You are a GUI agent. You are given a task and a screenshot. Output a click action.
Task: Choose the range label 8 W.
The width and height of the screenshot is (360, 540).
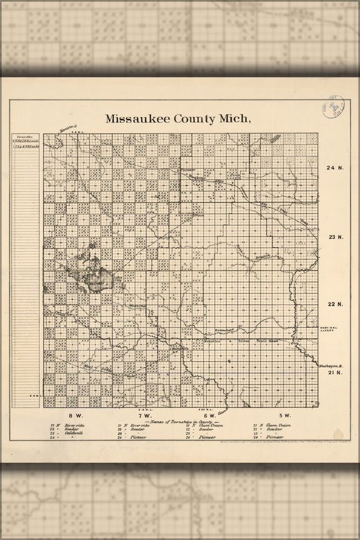tap(74, 415)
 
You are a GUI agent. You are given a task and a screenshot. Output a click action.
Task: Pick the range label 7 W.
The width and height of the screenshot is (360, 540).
tap(145, 415)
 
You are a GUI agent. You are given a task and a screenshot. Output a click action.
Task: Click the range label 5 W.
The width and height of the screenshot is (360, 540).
tap(284, 415)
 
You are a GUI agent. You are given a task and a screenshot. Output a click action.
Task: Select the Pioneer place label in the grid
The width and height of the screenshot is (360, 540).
tap(187, 170)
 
